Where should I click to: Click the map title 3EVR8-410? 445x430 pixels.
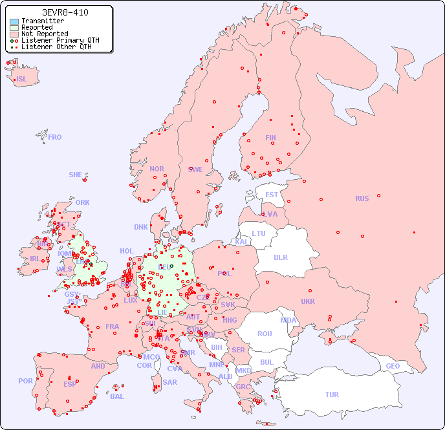(65, 12)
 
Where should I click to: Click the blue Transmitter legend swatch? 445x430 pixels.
(14, 21)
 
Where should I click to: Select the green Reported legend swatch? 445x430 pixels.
(14, 27)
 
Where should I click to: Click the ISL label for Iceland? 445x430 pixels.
(21, 79)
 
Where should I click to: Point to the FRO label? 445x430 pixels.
(55, 137)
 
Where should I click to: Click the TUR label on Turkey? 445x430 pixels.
(332, 394)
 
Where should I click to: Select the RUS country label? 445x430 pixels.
(362, 199)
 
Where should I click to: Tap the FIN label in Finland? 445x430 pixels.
(270, 138)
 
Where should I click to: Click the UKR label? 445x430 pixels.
(308, 301)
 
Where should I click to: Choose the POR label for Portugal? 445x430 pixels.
(25, 381)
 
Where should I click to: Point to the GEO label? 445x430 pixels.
(393, 366)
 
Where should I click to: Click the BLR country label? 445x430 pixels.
(281, 257)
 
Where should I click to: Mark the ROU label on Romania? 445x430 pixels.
(265, 334)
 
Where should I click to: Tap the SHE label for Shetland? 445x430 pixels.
(76, 175)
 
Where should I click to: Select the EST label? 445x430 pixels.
(272, 195)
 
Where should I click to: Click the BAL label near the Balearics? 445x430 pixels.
(116, 396)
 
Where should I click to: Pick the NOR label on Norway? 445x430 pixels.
(157, 169)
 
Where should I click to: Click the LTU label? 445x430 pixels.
(259, 233)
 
